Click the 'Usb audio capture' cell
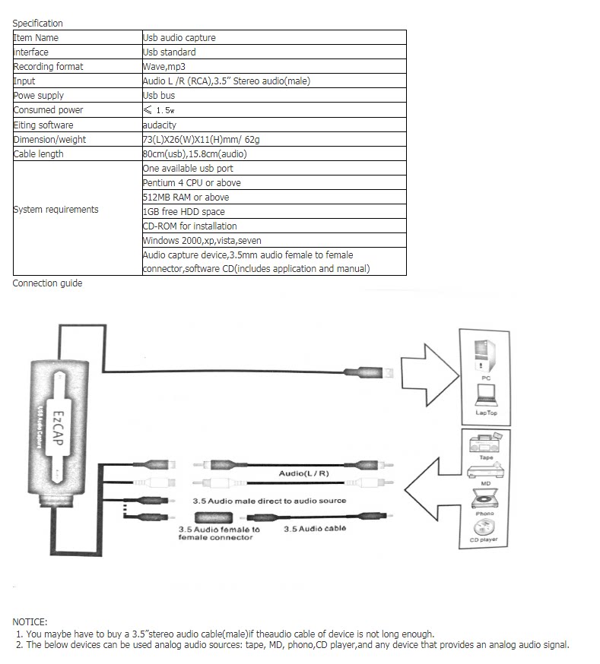click(179, 37)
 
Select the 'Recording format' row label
click(49, 66)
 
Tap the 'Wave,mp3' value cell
click(165, 66)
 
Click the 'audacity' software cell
click(160, 125)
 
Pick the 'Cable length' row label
click(39, 153)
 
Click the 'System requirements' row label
click(56, 210)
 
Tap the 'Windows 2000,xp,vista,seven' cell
click(202, 240)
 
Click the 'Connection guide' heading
click(47, 283)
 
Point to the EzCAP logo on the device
click(58, 430)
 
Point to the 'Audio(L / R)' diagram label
click(304, 473)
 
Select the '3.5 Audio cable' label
click(315, 529)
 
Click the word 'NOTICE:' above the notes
click(30, 621)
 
